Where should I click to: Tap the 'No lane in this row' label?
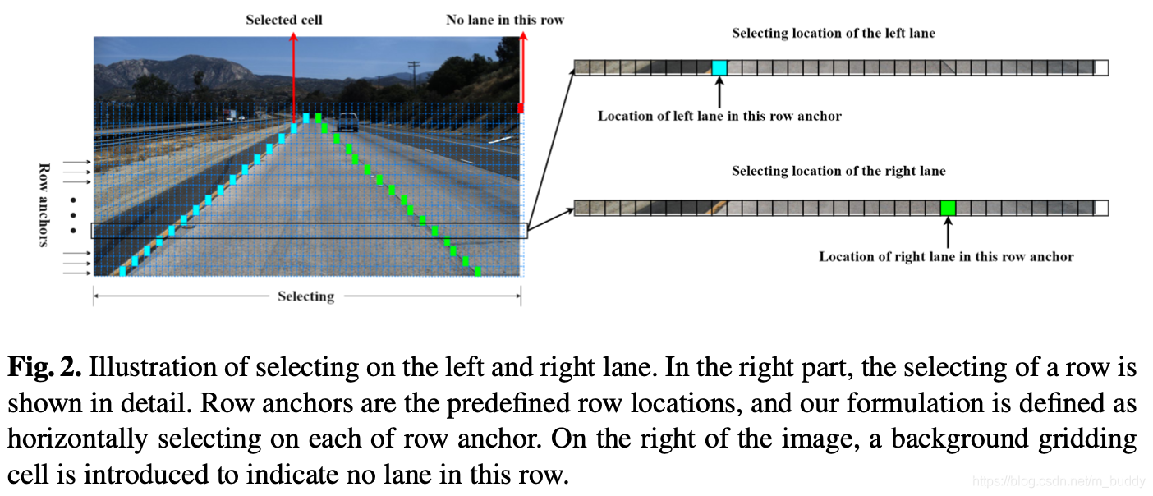pos(505,20)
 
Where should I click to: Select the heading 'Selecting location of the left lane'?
pos(834,34)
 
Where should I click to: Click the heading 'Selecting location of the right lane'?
pos(838,172)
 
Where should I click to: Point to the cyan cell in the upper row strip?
pos(719,68)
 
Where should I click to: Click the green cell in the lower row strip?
pos(949,208)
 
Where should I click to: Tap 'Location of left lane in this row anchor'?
pos(719,117)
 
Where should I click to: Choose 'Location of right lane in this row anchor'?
pos(946,257)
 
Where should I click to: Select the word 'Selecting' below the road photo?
pos(305,296)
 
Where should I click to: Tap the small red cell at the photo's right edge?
pos(520,108)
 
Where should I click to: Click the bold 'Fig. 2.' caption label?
pos(44,368)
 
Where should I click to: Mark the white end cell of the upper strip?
pos(1101,68)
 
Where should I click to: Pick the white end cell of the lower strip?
pos(1101,208)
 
